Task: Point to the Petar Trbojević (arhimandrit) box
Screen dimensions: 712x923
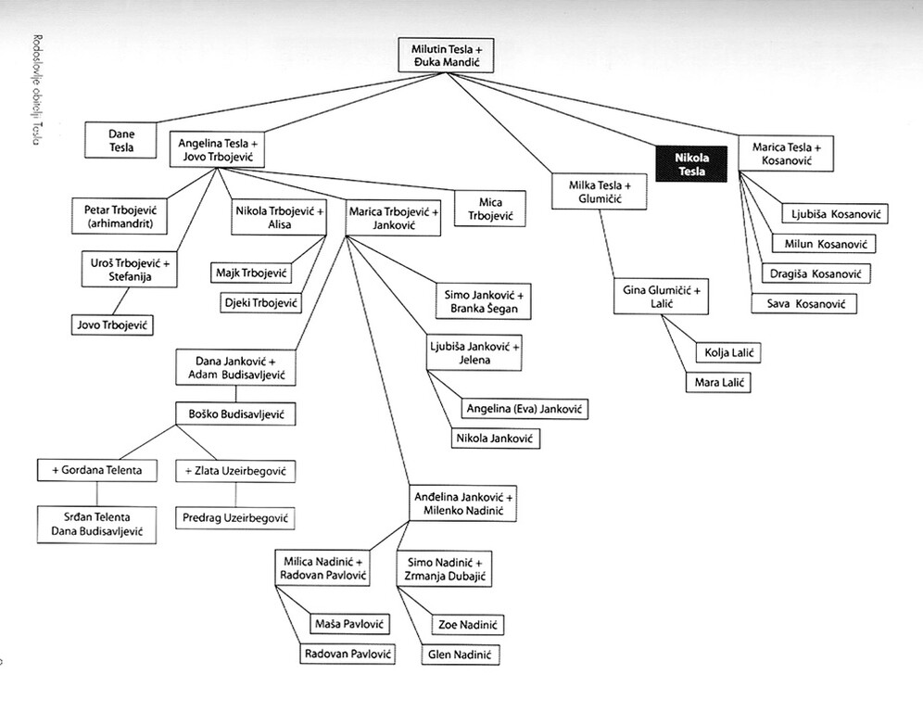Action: tap(115, 217)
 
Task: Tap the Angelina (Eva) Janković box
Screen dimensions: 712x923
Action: tap(525, 408)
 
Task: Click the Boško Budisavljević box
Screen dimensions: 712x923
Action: tap(235, 413)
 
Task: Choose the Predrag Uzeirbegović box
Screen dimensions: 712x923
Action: tap(234, 517)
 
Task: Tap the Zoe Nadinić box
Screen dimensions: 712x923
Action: tap(470, 624)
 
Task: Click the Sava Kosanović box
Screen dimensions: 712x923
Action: tap(803, 303)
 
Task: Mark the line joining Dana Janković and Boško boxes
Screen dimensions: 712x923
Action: tap(235, 394)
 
